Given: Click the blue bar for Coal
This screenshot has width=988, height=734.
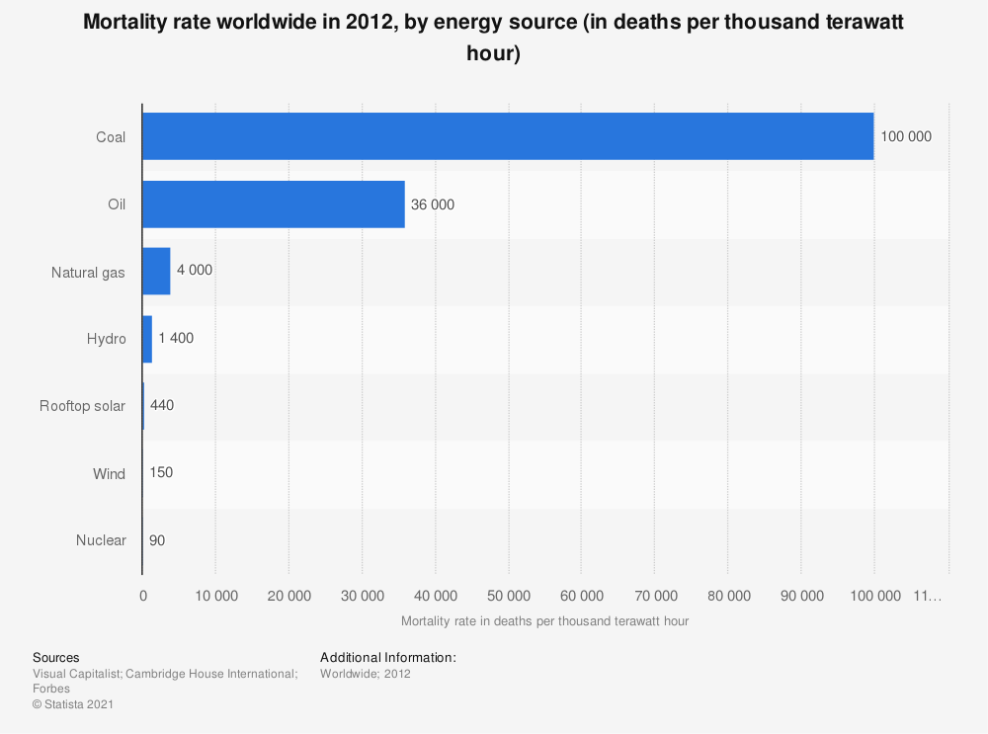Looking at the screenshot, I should (x=508, y=136).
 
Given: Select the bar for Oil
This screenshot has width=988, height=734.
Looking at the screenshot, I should (x=274, y=204).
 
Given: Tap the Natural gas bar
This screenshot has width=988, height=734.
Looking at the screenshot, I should (x=156, y=271).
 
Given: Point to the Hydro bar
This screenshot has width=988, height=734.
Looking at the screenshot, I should (x=147, y=338).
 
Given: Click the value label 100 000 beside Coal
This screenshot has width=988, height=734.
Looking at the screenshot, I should (x=906, y=136).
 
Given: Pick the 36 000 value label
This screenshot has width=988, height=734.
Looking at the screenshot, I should (x=433, y=204).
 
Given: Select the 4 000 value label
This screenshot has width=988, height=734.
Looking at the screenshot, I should (x=195, y=271).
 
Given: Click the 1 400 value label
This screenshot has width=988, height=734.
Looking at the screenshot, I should (x=176, y=338).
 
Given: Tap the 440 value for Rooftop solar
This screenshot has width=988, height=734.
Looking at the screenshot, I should (x=162, y=405).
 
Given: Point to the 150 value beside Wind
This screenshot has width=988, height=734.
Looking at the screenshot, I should (x=161, y=472).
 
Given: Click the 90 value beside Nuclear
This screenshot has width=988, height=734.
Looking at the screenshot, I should (x=157, y=540).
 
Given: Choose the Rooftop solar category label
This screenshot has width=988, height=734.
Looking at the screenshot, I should (x=82, y=405).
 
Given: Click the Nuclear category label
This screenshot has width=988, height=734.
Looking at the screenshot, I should (x=101, y=540).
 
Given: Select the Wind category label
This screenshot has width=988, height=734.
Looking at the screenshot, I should (x=109, y=473).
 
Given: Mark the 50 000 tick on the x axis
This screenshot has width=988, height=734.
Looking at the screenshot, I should (x=508, y=595).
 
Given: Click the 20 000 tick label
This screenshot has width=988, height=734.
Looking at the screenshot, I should (x=288, y=595).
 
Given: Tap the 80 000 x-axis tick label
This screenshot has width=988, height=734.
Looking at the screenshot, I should (x=727, y=595).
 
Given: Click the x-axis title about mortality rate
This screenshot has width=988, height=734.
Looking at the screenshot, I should (x=544, y=621).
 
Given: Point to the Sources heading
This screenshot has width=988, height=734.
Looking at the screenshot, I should (x=56, y=657).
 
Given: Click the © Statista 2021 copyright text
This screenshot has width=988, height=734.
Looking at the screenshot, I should (x=74, y=704).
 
